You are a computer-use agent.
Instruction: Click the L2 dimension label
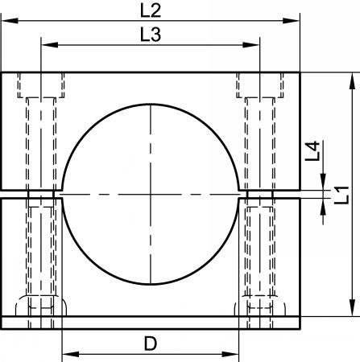coord(151,10)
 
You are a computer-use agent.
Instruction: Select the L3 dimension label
coord(151,35)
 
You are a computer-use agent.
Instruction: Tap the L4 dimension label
coord(312,150)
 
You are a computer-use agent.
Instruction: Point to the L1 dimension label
coord(341,195)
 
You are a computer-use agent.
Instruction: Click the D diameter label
coord(151,343)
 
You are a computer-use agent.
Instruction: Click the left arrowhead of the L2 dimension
coord(10,21)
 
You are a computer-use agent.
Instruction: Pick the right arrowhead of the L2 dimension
coord(291,21)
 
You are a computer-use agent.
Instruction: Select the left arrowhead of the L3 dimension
coord(50,45)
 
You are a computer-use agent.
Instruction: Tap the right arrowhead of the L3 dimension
coord(251,45)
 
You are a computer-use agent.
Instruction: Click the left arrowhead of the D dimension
coord(71,354)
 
